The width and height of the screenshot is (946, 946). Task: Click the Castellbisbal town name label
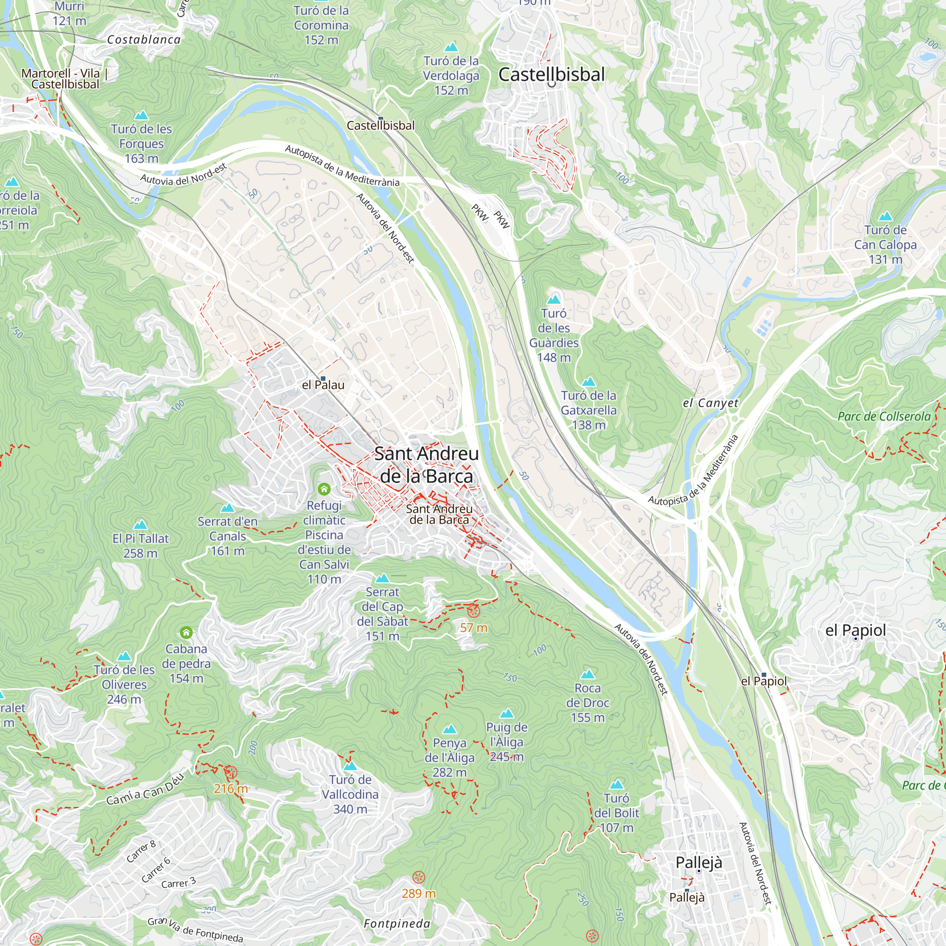(x=552, y=74)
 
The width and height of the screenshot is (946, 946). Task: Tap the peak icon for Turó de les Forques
(x=141, y=115)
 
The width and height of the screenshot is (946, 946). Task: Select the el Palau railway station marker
(x=323, y=378)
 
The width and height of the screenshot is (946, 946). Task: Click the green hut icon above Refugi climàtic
(x=324, y=489)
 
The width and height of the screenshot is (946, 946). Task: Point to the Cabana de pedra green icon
(x=186, y=632)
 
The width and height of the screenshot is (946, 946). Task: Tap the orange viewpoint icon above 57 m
(x=473, y=611)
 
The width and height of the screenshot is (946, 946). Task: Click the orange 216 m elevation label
(x=231, y=788)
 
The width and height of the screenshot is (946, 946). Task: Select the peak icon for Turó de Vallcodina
(x=350, y=766)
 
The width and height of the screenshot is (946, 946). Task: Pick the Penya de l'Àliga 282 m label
(x=449, y=757)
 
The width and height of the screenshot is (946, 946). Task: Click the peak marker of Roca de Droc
(x=587, y=674)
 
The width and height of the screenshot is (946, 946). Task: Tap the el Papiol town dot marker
(x=855, y=639)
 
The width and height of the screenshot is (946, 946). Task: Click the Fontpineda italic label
(x=397, y=923)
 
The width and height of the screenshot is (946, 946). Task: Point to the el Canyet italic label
(x=710, y=403)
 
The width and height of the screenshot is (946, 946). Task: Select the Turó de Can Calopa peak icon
(x=885, y=217)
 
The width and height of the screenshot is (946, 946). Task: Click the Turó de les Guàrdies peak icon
(x=554, y=299)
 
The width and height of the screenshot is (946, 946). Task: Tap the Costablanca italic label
(x=144, y=40)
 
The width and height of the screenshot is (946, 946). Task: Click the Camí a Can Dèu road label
(x=145, y=789)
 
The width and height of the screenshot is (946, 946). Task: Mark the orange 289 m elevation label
(x=418, y=893)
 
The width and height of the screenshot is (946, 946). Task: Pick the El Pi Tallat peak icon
(x=140, y=525)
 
